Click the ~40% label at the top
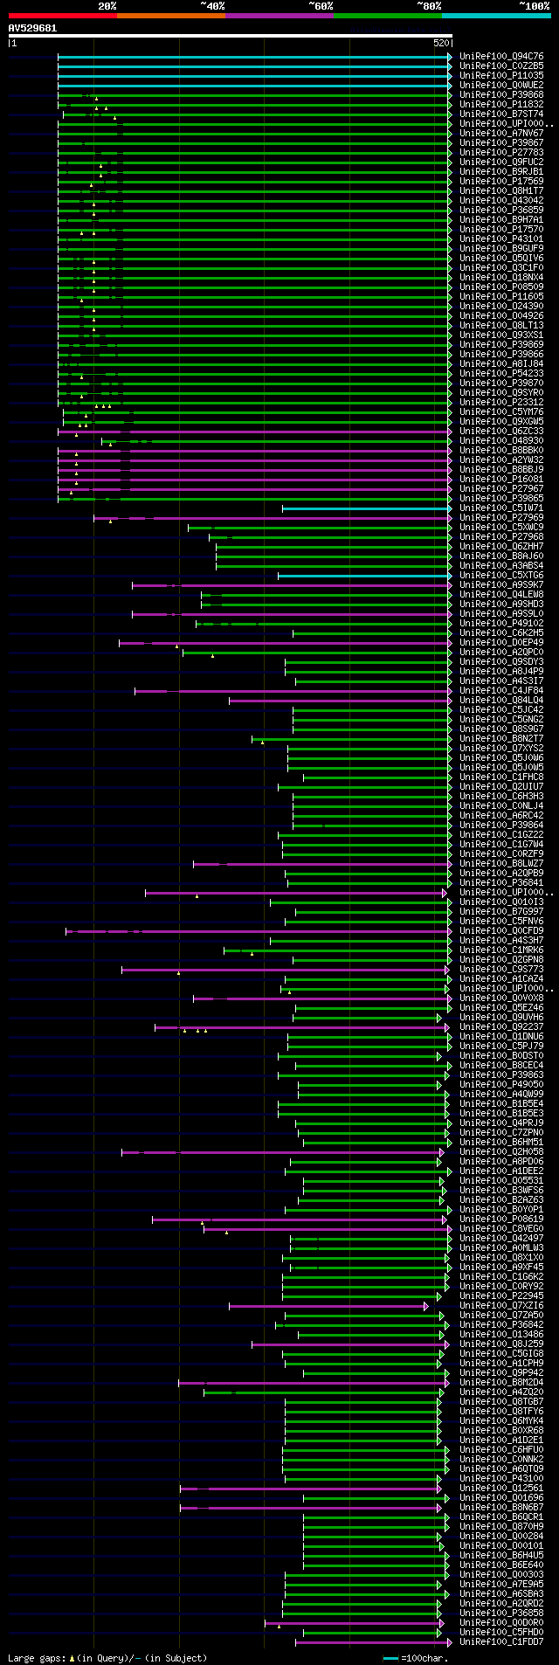click(x=212, y=6)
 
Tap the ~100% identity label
click(x=534, y=6)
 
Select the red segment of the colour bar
click(x=62, y=16)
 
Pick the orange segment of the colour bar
click(x=170, y=16)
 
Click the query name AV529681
click(x=32, y=28)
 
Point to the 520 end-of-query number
click(x=440, y=43)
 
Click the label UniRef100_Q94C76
click(x=501, y=57)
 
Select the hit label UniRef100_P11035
click(x=501, y=76)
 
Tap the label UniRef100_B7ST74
click(x=501, y=114)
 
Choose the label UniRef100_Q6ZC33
click(x=501, y=432)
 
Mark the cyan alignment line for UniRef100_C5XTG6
click(x=362, y=576)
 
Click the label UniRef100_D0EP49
click(x=501, y=643)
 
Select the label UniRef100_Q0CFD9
click(x=501, y=931)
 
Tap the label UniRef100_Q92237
click(x=501, y=1027)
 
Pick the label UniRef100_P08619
click(x=501, y=1219)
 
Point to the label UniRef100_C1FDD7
click(x=501, y=1642)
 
